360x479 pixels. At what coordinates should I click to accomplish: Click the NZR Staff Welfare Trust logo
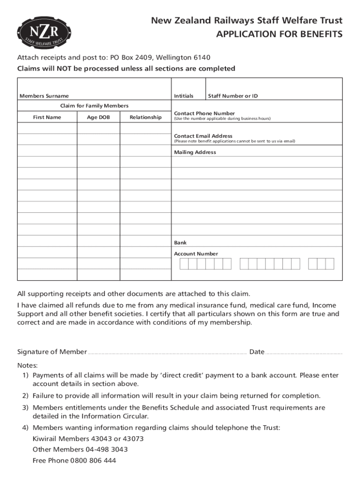click(45, 34)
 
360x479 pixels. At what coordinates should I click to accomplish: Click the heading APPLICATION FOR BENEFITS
click(279, 35)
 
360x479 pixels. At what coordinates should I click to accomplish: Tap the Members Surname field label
click(44, 96)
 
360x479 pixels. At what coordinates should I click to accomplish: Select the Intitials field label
click(184, 96)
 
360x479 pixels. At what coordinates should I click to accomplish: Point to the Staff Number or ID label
click(233, 96)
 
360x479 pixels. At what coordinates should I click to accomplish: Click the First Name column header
click(47, 117)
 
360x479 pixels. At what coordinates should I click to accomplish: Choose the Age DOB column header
click(98, 117)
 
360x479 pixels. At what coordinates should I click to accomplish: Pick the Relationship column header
click(145, 117)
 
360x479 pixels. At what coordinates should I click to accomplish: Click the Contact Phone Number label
click(204, 113)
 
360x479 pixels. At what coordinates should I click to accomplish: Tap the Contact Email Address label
click(203, 136)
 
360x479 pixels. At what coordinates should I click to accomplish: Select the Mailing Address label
click(195, 152)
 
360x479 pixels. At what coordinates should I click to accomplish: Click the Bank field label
click(180, 243)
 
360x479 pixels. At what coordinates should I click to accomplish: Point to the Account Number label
click(196, 254)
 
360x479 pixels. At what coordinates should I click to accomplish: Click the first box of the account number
click(184, 264)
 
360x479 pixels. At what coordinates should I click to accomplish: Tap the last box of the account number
click(330, 264)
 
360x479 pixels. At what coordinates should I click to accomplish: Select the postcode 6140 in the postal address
click(202, 58)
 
